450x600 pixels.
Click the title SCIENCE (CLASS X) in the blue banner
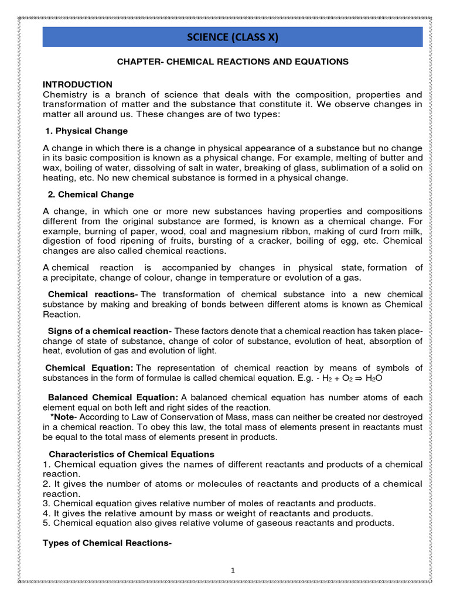click(x=233, y=37)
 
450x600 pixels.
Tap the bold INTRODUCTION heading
click(x=78, y=85)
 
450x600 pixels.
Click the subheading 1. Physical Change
click(x=87, y=131)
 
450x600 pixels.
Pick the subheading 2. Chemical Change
click(x=90, y=195)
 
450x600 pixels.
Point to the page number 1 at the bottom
click(x=233, y=570)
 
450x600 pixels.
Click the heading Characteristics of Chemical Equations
click(x=131, y=454)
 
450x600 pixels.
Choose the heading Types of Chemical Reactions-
click(x=107, y=543)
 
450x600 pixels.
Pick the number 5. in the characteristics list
click(x=47, y=523)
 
